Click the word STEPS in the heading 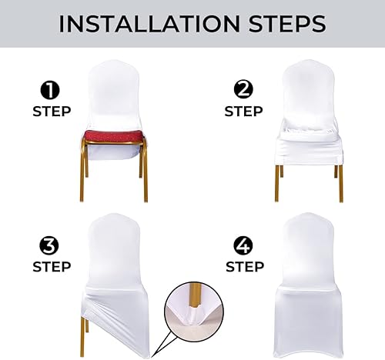tap(280, 24)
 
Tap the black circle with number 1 tap(52, 91)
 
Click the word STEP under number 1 tap(52, 112)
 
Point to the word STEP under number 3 tap(52, 268)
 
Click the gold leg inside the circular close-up tap(190, 296)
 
